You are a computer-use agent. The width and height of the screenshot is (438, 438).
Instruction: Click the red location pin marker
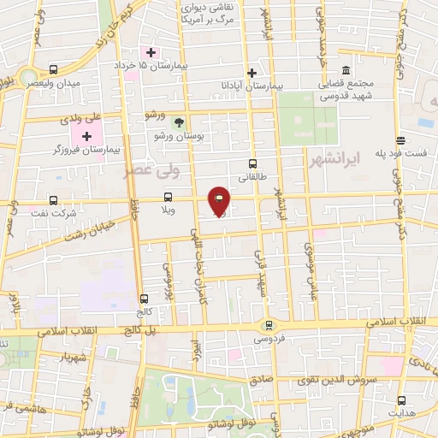point(219,201)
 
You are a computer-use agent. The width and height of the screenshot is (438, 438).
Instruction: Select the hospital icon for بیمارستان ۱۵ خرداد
point(151,53)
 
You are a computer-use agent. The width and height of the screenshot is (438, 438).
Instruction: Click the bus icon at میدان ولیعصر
point(54,69)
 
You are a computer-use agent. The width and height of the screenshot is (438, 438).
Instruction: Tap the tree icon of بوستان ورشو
point(178,121)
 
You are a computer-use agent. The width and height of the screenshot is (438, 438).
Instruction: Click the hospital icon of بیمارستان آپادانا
point(252,74)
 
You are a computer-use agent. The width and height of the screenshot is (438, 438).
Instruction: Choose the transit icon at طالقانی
point(252,163)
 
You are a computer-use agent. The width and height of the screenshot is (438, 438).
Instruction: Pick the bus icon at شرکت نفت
point(54,200)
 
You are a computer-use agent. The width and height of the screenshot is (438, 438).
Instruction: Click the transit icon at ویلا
point(168,197)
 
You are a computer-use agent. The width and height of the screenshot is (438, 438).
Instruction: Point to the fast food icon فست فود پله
point(400,141)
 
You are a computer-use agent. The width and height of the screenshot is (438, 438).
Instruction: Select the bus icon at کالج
point(143,299)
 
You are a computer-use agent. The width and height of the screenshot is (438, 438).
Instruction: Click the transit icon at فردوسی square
point(269,325)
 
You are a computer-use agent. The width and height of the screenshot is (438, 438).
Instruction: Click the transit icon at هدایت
point(400,400)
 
